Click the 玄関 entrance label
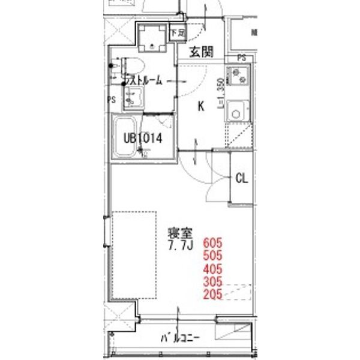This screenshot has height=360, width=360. click(x=202, y=52)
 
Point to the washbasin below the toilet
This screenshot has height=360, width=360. click(x=134, y=98)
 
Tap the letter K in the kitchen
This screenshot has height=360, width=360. click(x=202, y=106)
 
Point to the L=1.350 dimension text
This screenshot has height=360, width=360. click(x=221, y=93)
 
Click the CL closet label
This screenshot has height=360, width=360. click(x=241, y=178)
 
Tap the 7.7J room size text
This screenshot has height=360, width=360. click(x=179, y=247)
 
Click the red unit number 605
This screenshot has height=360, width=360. click(x=213, y=243)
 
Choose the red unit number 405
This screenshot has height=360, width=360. click(x=213, y=268)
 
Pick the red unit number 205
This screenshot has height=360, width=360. click(x=213, y=294)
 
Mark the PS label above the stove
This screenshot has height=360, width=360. click(x=241, y=58)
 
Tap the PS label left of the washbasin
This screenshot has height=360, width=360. click(x=112, y=100)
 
